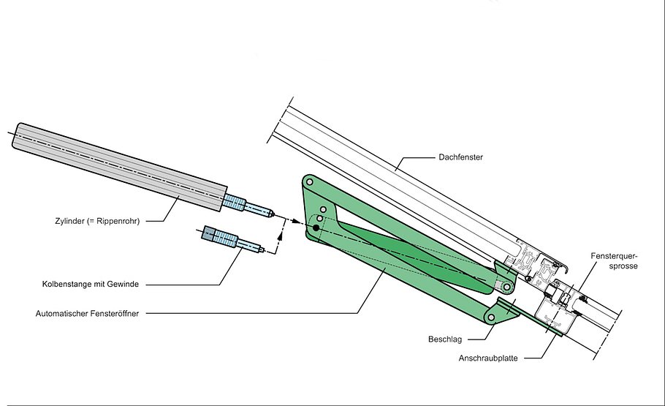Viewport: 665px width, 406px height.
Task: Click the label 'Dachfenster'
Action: coord(461,157)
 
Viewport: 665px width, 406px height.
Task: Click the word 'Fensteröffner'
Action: coord(118,313)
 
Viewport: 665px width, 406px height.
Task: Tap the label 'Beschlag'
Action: coord(444,339)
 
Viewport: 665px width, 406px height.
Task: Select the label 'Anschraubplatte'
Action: coord(489,358)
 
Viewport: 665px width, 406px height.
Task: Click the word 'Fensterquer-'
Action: coord(615,257)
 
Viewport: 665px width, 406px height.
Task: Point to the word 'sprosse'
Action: coord(623,267)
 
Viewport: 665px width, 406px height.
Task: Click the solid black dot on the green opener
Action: coord(316,228)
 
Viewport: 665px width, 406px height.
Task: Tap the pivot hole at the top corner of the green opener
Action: coord(310,181)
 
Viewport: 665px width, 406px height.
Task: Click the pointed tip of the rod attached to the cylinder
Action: coord(273,215)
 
